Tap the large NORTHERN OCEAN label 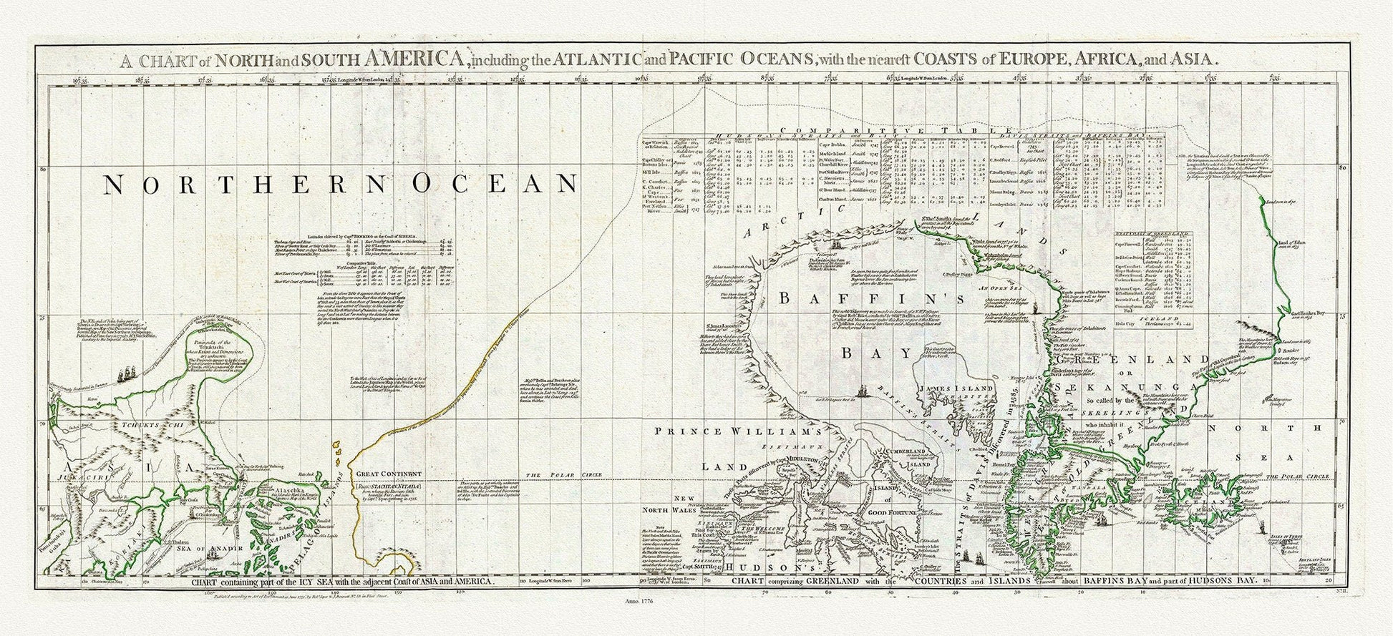[341, 185]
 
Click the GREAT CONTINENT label [389, 474]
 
